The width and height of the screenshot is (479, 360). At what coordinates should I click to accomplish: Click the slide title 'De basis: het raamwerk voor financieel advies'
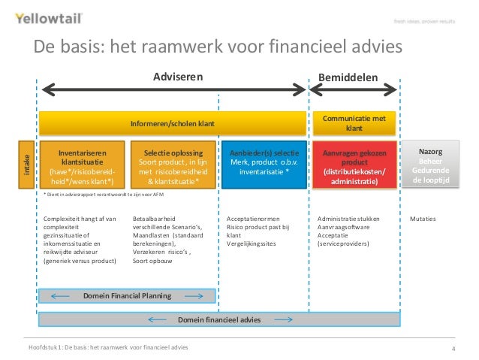(217, 47)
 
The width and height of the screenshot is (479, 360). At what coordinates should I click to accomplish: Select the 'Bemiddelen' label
(348, 76)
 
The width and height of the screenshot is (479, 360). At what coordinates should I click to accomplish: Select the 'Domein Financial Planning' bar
(127, 295)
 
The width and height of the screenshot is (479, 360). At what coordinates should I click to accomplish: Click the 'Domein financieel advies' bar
(220, 319)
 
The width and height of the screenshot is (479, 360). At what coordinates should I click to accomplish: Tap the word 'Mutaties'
(423, 219)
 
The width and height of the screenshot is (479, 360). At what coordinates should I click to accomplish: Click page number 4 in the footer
(453, 349)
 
